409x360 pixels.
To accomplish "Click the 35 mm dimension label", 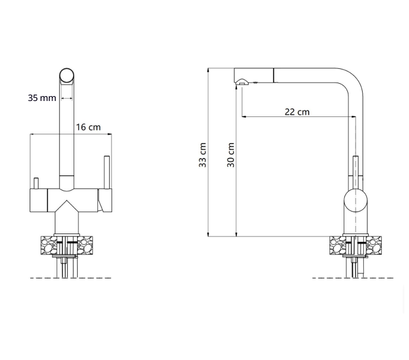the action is click(x=42, y=98).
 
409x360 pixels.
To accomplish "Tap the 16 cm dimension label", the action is click(x=88, y=127).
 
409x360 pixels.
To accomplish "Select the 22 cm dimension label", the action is click(x=297, y=112).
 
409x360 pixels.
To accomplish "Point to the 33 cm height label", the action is click(x=202, y=155).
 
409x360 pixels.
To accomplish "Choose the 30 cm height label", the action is click(x=231, y=155).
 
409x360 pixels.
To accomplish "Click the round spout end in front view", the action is click(x=66, y=75).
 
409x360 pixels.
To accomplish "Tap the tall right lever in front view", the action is click(x=107, y=172).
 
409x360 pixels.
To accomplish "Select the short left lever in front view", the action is click(x=36, y=183).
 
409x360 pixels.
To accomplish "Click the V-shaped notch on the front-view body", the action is click(x=66, y=206).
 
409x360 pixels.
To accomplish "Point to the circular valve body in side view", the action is click(x=355, y=201).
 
